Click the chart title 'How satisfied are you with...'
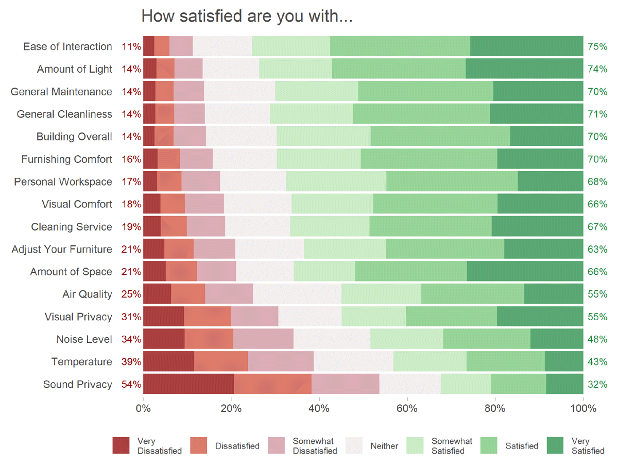point(247,16)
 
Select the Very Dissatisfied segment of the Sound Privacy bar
point(188,384)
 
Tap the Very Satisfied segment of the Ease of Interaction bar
point(526,46)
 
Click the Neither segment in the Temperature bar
point(353,361)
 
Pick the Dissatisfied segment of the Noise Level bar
point(209,339)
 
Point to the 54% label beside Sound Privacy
point(131,384)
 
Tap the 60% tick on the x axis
point(407,408)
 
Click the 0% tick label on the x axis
point(143,408)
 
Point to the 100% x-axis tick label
point(583,408)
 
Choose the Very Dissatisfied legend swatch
point(121,445)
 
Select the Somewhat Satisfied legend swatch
point(415,445)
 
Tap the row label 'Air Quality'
point(87,294)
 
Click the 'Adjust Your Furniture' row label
point(62,249)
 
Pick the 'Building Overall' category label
point(74,137)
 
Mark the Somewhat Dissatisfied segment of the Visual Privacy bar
point(254,317)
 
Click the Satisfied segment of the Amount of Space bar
point(411,272)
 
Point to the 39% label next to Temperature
point(131,361)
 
